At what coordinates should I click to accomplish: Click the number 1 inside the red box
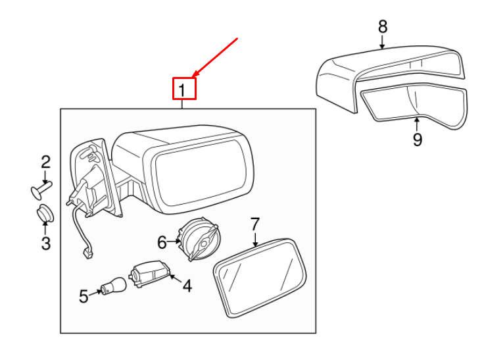182,90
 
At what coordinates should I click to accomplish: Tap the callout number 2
45,162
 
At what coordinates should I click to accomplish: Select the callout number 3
46,243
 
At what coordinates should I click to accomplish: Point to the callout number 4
187,286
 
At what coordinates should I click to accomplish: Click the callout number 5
84,296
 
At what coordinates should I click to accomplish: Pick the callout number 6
162,242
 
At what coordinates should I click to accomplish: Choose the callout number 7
255,224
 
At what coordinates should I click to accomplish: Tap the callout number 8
383,26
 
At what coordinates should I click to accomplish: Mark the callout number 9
418,140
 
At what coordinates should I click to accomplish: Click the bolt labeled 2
41,190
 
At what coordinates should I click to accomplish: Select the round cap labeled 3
45,213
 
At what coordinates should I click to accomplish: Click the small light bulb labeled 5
114,286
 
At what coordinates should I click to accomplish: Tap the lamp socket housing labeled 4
150,273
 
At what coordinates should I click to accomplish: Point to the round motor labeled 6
200,238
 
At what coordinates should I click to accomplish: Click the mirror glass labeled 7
260,278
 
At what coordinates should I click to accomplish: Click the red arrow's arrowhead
195,74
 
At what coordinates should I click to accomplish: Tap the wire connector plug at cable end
89,255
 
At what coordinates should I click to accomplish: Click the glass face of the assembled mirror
201,172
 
